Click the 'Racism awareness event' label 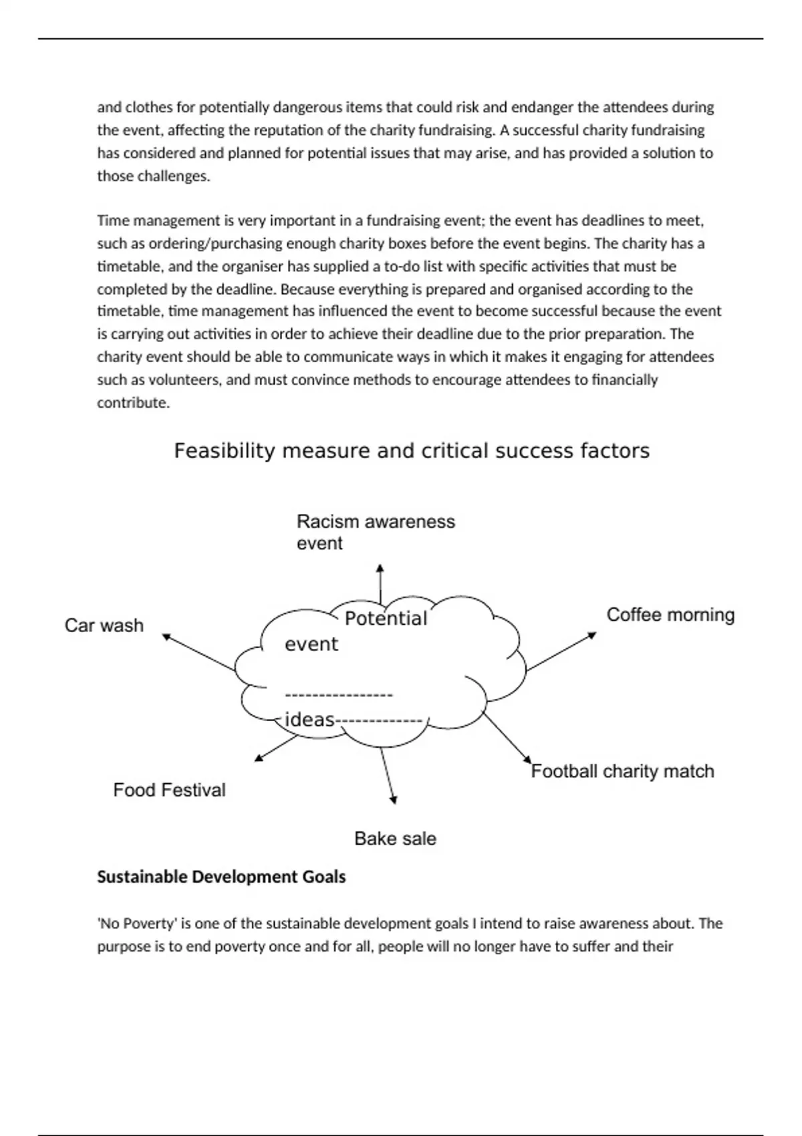375,532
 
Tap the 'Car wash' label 104,625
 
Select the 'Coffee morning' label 670,615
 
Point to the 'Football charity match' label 622,771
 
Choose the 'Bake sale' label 395,839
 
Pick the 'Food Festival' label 169,790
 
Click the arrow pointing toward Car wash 198,652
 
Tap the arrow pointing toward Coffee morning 560,651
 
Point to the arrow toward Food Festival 275,748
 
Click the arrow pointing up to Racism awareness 380,583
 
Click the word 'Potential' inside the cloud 386,619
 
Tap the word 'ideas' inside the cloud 309,720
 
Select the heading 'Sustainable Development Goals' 221,877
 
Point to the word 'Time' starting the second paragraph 111,221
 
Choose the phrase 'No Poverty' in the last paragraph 138,924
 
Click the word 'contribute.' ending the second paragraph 134,403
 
